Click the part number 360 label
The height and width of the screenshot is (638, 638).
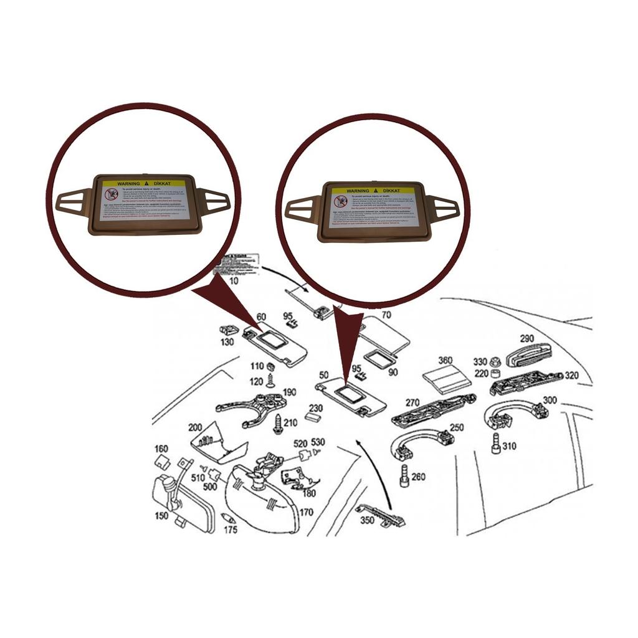(x=445, y=361)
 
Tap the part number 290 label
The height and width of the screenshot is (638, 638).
(x=527, y=339)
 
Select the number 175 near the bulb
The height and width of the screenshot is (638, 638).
(x=231, y=530)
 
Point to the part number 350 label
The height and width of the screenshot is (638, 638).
(x=368, y=520)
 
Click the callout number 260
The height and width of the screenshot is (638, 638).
(x=418, y=477)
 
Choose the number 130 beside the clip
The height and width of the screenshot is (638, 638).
(x=227, y=342)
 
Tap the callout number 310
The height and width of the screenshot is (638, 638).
(x=509, y=446)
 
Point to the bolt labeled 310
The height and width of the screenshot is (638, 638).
(x=496, y=444)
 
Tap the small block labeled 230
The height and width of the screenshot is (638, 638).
(x=313, y=417)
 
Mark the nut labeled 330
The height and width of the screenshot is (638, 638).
(x=496, y=361)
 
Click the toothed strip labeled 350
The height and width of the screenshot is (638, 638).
(x=381, y=515)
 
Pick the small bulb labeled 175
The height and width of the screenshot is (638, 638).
(x=227, y=518)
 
